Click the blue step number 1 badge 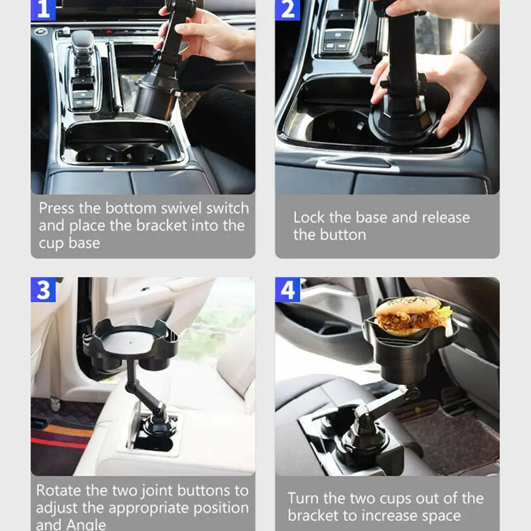tap(43, 10)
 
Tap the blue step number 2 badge tap(287, 10)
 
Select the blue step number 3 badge tap(43, 290)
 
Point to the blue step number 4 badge tap(287, 290)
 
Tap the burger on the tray tap(413, 316)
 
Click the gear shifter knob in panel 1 tap(82, 41)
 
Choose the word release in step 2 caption tap(446, 217)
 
